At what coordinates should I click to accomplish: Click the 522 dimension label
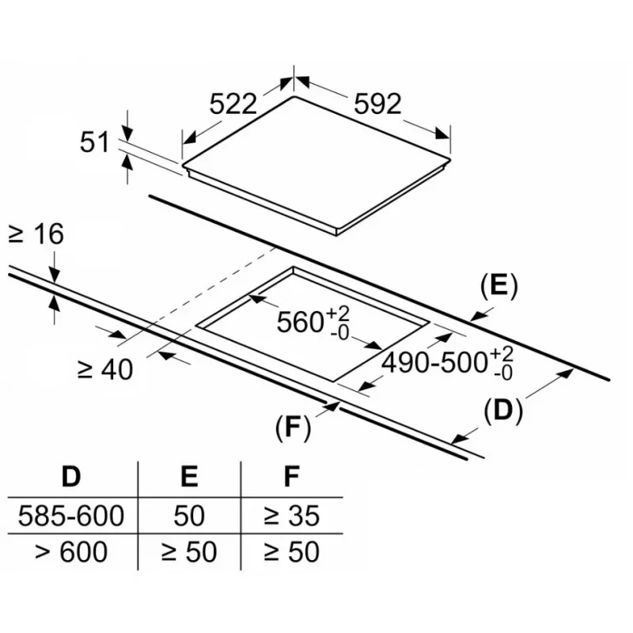233,104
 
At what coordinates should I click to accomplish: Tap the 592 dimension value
377,104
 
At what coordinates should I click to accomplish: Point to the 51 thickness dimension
94,142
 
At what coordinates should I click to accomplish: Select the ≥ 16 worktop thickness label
36,234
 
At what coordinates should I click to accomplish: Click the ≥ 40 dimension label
105,369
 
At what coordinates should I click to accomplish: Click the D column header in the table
71,477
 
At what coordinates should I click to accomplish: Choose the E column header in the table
188,477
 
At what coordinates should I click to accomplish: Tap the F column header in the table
292,477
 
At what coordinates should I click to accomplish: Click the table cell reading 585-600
71,516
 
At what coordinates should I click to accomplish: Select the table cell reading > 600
71,552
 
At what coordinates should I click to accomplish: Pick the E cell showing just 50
188,516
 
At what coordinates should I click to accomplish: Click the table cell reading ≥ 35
292,516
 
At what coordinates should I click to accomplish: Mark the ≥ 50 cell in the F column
292,552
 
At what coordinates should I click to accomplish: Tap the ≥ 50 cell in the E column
188,552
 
